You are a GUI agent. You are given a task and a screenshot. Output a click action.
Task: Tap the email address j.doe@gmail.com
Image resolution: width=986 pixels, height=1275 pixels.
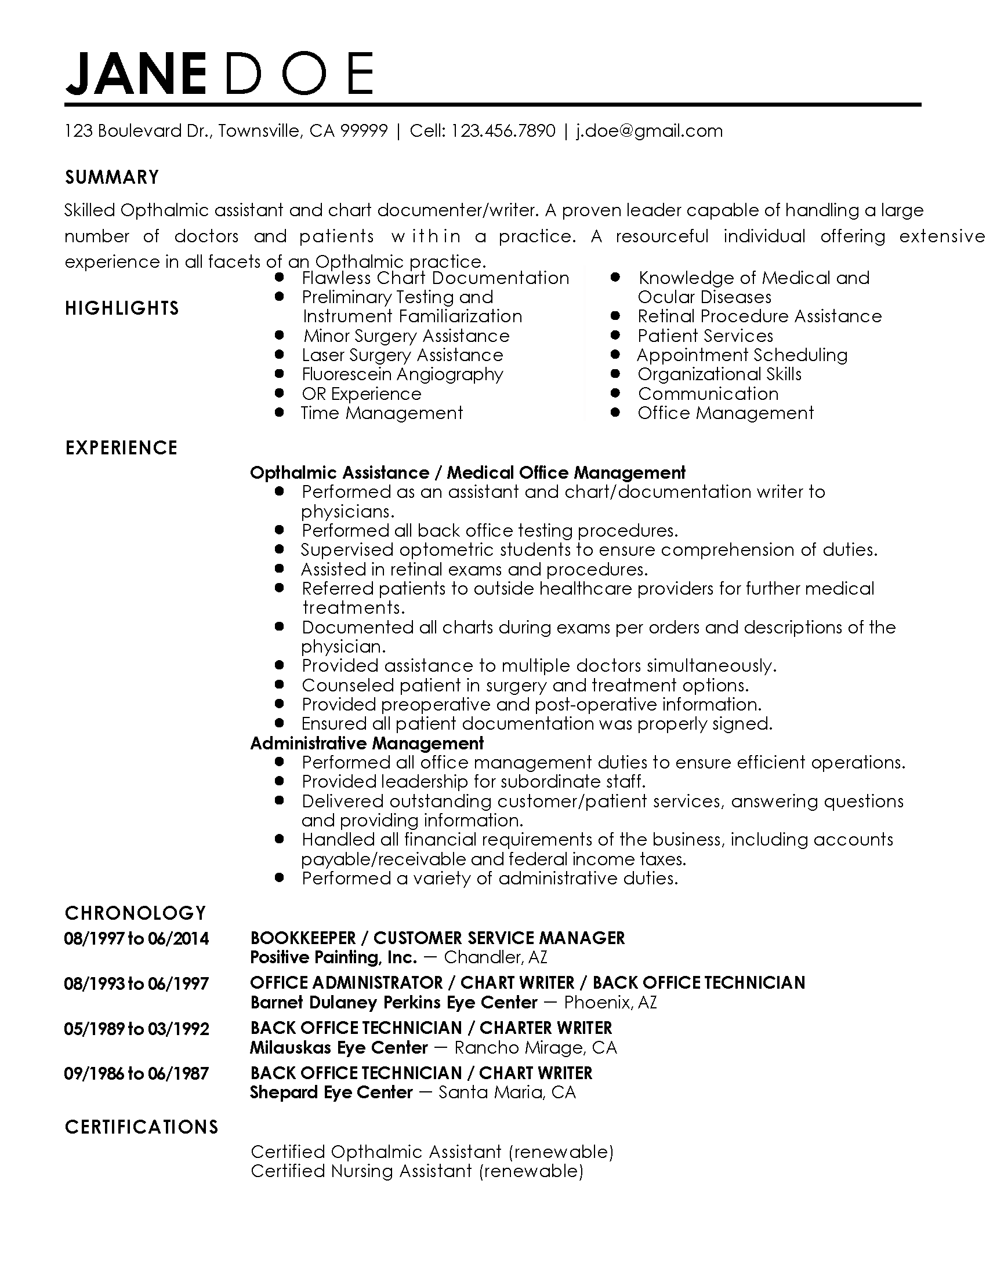(649, 131)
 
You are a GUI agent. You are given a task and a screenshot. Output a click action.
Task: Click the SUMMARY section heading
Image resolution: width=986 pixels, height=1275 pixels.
(111, 177)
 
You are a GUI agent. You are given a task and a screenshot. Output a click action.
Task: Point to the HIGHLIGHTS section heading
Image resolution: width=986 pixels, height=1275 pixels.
(121, 308)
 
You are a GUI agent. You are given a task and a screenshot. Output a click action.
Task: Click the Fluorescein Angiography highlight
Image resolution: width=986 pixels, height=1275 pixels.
(402, 374)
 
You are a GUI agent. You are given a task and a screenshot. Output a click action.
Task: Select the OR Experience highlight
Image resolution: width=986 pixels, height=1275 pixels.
(361, 394)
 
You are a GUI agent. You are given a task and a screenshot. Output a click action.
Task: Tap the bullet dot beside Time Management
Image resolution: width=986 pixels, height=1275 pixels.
(279, 413)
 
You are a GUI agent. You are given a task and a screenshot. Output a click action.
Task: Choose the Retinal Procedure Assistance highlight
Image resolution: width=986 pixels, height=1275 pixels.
(759, 316)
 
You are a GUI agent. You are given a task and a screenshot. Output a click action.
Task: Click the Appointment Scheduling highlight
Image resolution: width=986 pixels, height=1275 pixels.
(742, 355)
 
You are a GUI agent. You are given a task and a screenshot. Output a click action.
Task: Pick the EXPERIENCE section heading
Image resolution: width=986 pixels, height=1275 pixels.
(121, 448)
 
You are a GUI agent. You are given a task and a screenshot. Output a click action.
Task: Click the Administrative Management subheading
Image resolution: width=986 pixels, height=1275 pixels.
(367, 743)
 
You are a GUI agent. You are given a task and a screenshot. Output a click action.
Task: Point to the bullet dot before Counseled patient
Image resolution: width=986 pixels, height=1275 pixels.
(279, 684)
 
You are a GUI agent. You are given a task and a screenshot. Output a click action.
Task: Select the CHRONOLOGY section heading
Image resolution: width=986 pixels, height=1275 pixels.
(135, 913)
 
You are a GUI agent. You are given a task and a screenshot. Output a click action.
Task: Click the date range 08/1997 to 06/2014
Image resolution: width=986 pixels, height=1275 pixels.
(136, 939)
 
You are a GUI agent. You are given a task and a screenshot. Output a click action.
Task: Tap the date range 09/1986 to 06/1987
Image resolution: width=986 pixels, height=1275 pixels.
(136, 1073)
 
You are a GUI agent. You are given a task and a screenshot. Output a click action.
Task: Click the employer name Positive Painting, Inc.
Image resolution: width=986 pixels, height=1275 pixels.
(333, 957)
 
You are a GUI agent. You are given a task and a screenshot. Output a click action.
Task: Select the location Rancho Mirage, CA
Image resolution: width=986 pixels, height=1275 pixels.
(535, 1048)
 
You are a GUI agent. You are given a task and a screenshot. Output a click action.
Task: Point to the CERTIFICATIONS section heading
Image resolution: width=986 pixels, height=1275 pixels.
(142, 1127)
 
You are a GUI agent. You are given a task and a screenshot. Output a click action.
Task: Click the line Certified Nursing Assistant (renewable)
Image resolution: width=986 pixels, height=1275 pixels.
(416, 1171)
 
